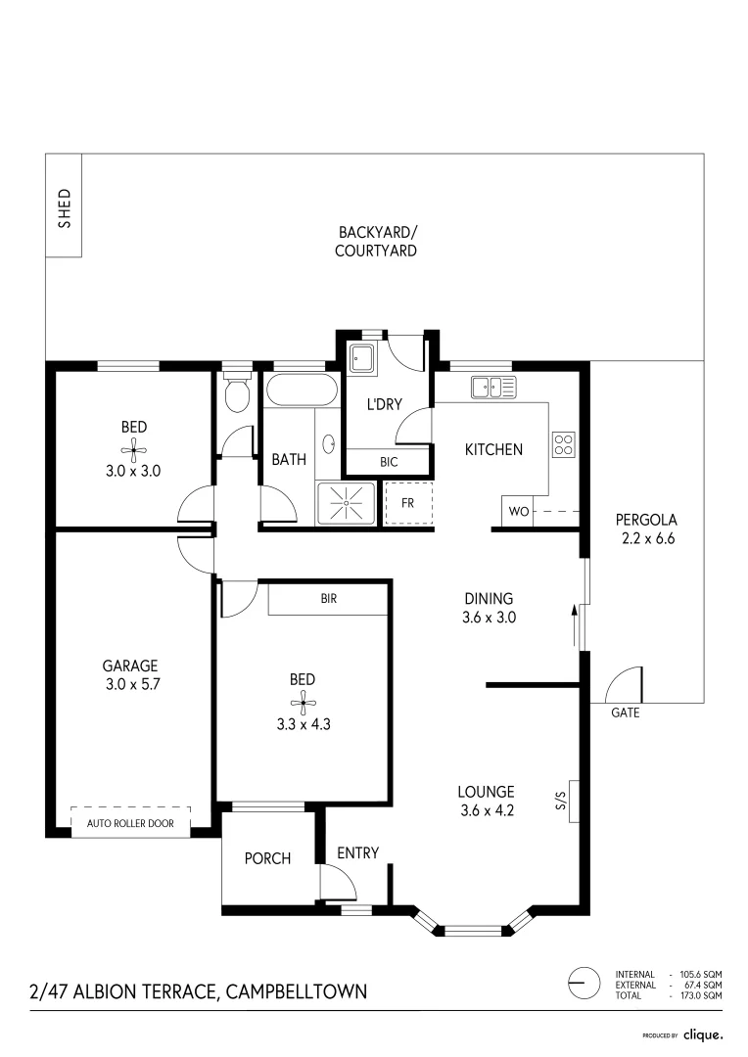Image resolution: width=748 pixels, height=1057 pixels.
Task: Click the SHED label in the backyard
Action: point(65,207)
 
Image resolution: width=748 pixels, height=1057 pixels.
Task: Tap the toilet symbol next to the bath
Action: point(236,395)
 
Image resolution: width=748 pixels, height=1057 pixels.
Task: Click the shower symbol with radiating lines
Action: point(346,503)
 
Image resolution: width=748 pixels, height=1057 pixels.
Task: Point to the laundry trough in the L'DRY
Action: point(361,358)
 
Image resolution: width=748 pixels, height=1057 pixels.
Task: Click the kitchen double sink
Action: point(492,387)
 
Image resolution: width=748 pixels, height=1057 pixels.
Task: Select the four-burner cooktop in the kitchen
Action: point(564,445)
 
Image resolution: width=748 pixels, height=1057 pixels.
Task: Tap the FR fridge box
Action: point(408,503)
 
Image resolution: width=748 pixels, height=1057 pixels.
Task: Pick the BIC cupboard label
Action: point(389,462)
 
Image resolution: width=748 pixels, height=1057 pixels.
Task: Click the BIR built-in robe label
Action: point(328,598)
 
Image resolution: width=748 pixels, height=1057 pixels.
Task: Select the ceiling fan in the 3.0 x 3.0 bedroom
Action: point(133,450)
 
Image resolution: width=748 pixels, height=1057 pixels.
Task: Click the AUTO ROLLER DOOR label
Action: point(130,823)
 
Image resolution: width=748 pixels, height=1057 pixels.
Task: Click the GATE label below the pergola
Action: point(625,712)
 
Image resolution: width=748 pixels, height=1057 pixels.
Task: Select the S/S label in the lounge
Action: point(561,802)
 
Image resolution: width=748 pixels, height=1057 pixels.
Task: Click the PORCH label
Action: point(267,858)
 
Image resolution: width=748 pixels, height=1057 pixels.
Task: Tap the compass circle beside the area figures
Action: point(584,983)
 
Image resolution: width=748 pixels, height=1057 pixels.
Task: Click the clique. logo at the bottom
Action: point(702,1034)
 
